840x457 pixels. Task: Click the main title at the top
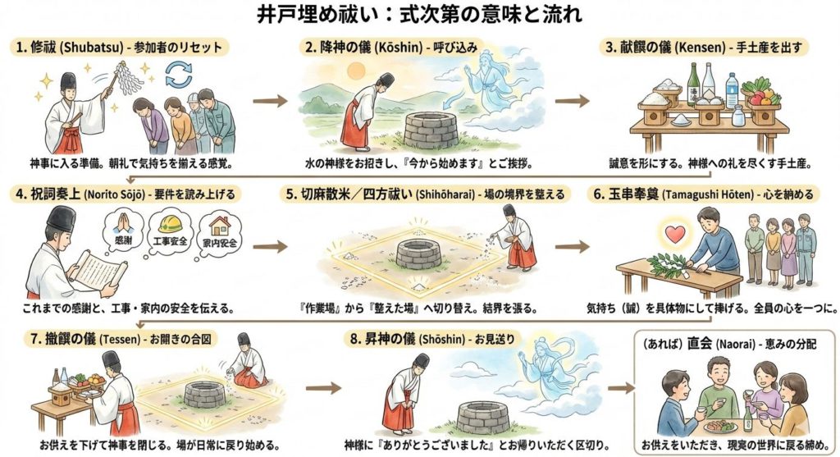click(419, 15)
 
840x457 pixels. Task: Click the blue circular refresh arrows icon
click(178, 74)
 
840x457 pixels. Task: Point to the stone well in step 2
click(430, 130)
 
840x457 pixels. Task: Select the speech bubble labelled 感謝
click(122, 231)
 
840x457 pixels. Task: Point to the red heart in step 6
click(675, 235)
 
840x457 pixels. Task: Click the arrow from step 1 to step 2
click(269, 101)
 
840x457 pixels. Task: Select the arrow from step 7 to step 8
click(323, 388)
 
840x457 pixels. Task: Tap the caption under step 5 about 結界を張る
click(418, 308)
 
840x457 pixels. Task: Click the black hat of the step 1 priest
click(68, 81)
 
